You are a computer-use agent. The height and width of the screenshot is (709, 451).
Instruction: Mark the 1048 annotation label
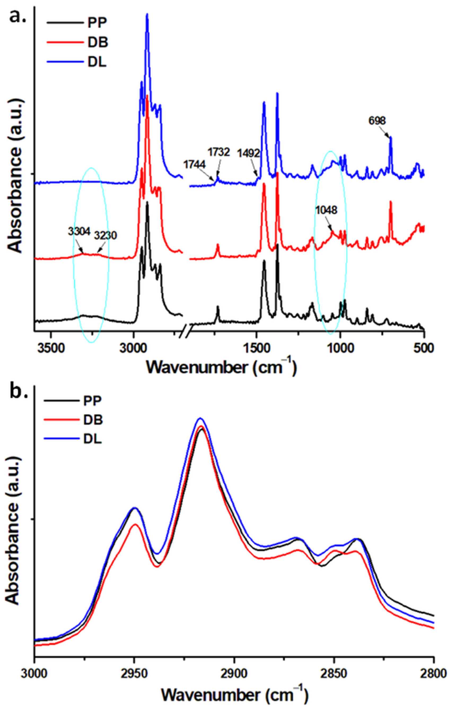326,210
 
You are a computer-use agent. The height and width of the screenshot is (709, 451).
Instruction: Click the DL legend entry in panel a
97,63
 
